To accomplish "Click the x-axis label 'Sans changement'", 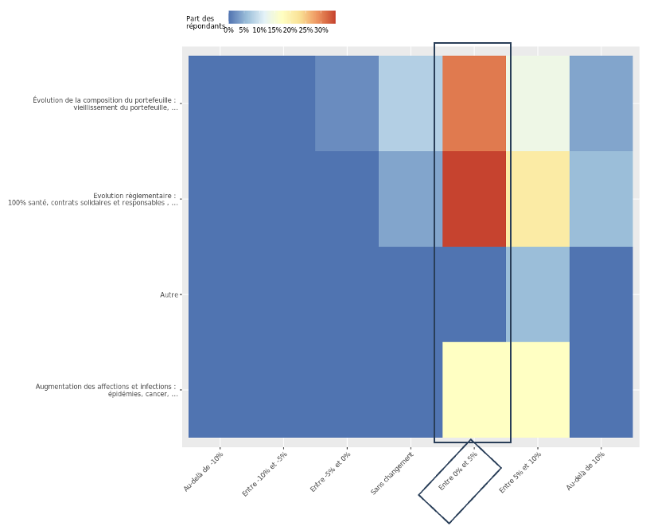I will [392, 474].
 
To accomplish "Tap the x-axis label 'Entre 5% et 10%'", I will [520, 474].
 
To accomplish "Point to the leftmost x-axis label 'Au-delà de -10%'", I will [204, 473].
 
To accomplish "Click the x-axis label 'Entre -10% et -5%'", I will [265, 475].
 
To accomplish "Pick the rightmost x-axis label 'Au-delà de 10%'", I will [585, 472].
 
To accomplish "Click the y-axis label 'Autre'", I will [169, 295].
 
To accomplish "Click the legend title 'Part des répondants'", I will [204, 22].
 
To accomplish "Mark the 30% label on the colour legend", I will [321, 30].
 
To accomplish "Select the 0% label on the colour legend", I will [229, 30].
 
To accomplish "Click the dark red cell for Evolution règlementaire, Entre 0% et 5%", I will [474, 199].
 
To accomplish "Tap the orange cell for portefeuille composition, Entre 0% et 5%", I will [474, 103].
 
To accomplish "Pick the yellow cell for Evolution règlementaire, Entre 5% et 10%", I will [538, 199].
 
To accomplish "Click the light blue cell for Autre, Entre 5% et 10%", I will [538, 294].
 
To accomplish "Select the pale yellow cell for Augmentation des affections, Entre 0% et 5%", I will [474, 390].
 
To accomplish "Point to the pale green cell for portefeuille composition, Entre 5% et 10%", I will [538, 103].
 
